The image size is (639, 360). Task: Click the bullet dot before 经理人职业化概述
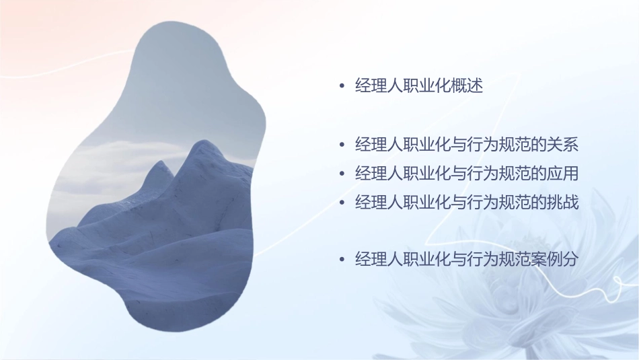[x=342, y=87]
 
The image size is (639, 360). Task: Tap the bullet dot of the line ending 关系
[x=342, y=145]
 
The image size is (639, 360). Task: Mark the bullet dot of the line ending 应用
[x=342, y=174]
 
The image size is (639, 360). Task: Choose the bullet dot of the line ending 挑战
[x=342, y=202]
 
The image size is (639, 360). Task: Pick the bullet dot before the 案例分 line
[x=342, y=260]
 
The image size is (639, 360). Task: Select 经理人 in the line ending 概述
[x=379, y=86]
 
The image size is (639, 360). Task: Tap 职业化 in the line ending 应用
[x=427, y=173]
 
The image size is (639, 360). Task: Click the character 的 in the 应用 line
[x=539, y=173]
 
